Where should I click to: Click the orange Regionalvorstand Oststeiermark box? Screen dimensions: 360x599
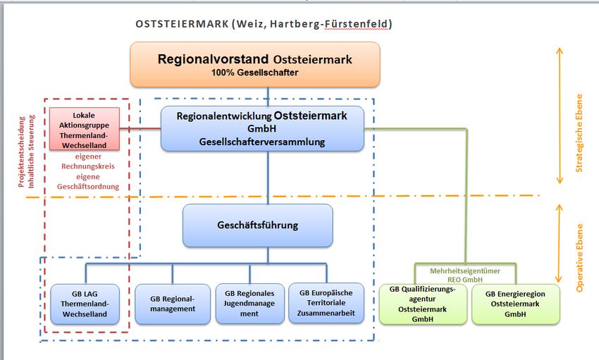point(254,64)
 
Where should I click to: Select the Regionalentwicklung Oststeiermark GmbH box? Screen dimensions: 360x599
point(262,128)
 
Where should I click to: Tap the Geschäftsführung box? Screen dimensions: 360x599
point(257,225)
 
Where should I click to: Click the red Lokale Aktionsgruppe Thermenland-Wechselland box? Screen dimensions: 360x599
point(84,129)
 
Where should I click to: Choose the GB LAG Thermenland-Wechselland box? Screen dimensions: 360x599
point(85,304)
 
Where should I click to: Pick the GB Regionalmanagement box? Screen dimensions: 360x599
point(173,304)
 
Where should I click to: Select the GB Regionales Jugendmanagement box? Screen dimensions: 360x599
point(249,304)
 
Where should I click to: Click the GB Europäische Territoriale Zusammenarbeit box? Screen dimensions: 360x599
point(326,304)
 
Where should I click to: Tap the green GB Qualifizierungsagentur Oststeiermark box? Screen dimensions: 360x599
point(423,304)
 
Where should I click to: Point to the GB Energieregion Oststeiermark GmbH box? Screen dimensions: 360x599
point(516,304)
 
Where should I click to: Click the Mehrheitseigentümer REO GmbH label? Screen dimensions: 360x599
point(465,274)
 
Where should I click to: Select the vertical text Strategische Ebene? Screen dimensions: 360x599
point(579,133)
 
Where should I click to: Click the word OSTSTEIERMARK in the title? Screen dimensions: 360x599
point(182,24)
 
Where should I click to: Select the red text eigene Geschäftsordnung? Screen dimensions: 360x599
point(85,181)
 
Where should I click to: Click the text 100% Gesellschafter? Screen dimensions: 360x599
point(254,72)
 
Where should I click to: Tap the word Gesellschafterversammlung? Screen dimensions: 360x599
point(262,142)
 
